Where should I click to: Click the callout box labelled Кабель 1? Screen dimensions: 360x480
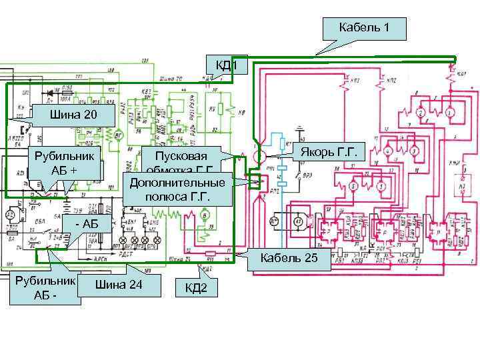point(363,28)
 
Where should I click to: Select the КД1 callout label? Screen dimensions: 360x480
point(227,65)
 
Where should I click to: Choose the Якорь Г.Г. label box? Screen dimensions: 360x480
point(328,155)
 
